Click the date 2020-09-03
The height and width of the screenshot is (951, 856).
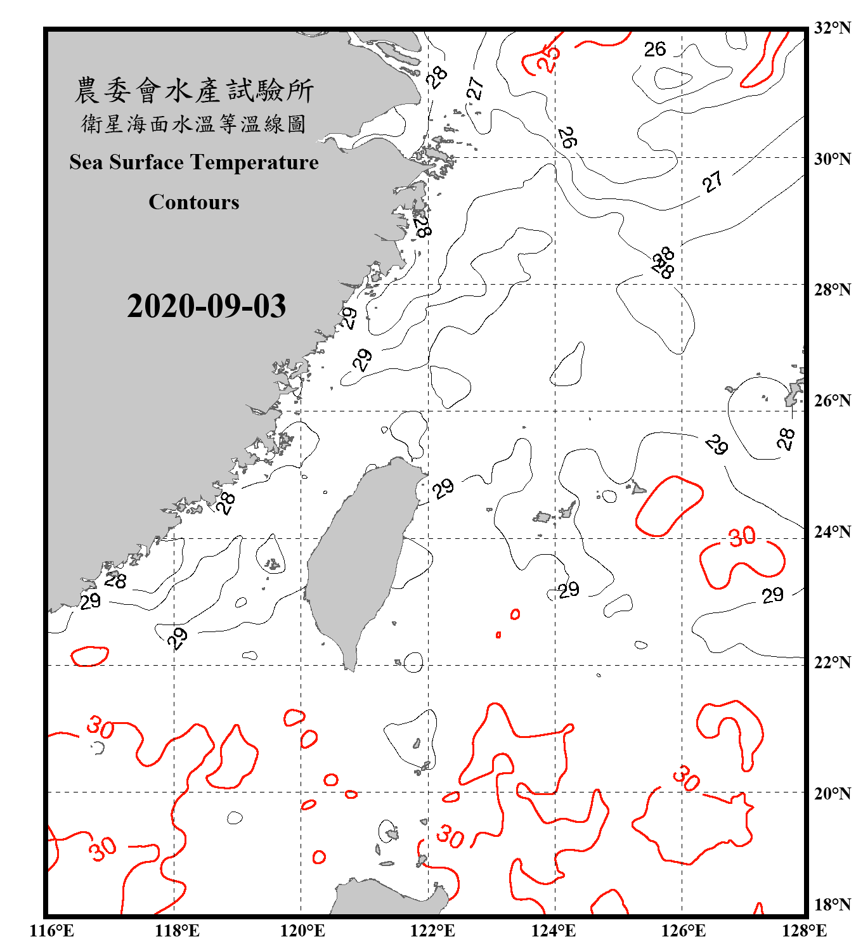pyautogui.click(x=206, y=306)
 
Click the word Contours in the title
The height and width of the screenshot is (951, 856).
pyautogui.click(x=193, y=202)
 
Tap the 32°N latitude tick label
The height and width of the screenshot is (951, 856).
pyautogui.click(x=832, y=28)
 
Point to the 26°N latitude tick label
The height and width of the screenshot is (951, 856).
pyautogui.click(x=832, y=401)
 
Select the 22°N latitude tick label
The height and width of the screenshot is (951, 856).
pyautogui.click(x=832, y=663)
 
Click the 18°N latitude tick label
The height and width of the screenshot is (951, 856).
pyautogui.click(x=832, y=905)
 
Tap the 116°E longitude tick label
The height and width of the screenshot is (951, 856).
pyautogui.click(x=52, y=931)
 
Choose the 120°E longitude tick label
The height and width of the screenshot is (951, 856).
pyautogui.click(x=302, y=931)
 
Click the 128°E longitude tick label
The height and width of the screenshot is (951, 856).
pyautogui.click(x=804, y=931)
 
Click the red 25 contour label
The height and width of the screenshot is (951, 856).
pyautogui.click(x=548, y=59)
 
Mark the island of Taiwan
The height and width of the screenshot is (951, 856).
pyautogui.click(x=360, y=558)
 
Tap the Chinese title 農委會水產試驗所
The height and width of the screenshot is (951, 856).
pyautogui.click(x=193, y=91)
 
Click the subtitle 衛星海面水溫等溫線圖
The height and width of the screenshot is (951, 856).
pyautogui.click(x=193, y=124)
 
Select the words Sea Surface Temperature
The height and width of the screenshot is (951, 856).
pyautogui.click(x=193, y=162)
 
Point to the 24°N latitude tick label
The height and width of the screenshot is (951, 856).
pyautogui.click(x=832, y=532)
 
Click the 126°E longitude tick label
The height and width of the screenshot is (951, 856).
pyautogui.click(x=683, y=931)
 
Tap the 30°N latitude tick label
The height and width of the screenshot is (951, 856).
pyautogui.click(x=832, y=159)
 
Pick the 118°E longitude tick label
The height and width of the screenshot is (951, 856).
pyautogui.click(x=177, y=931)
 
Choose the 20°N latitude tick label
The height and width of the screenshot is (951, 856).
pyautogui.click(x=832, y=793)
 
